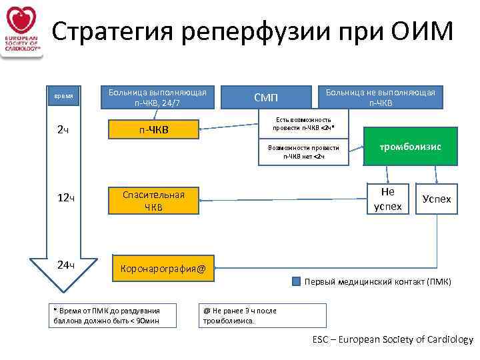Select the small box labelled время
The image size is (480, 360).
(63, 96)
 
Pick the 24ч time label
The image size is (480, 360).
(65, 265)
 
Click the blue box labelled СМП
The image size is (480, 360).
(266, 97)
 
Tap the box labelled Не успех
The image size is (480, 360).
(387, 199)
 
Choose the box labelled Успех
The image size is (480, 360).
(437, 199)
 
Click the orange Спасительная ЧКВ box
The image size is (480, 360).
(154, 200)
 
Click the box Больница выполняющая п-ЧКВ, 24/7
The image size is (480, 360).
(157, 97)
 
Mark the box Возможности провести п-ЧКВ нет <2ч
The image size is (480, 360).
(303, 153)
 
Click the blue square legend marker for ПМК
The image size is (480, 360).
(297, 281)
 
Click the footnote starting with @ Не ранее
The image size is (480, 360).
(264, 315)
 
